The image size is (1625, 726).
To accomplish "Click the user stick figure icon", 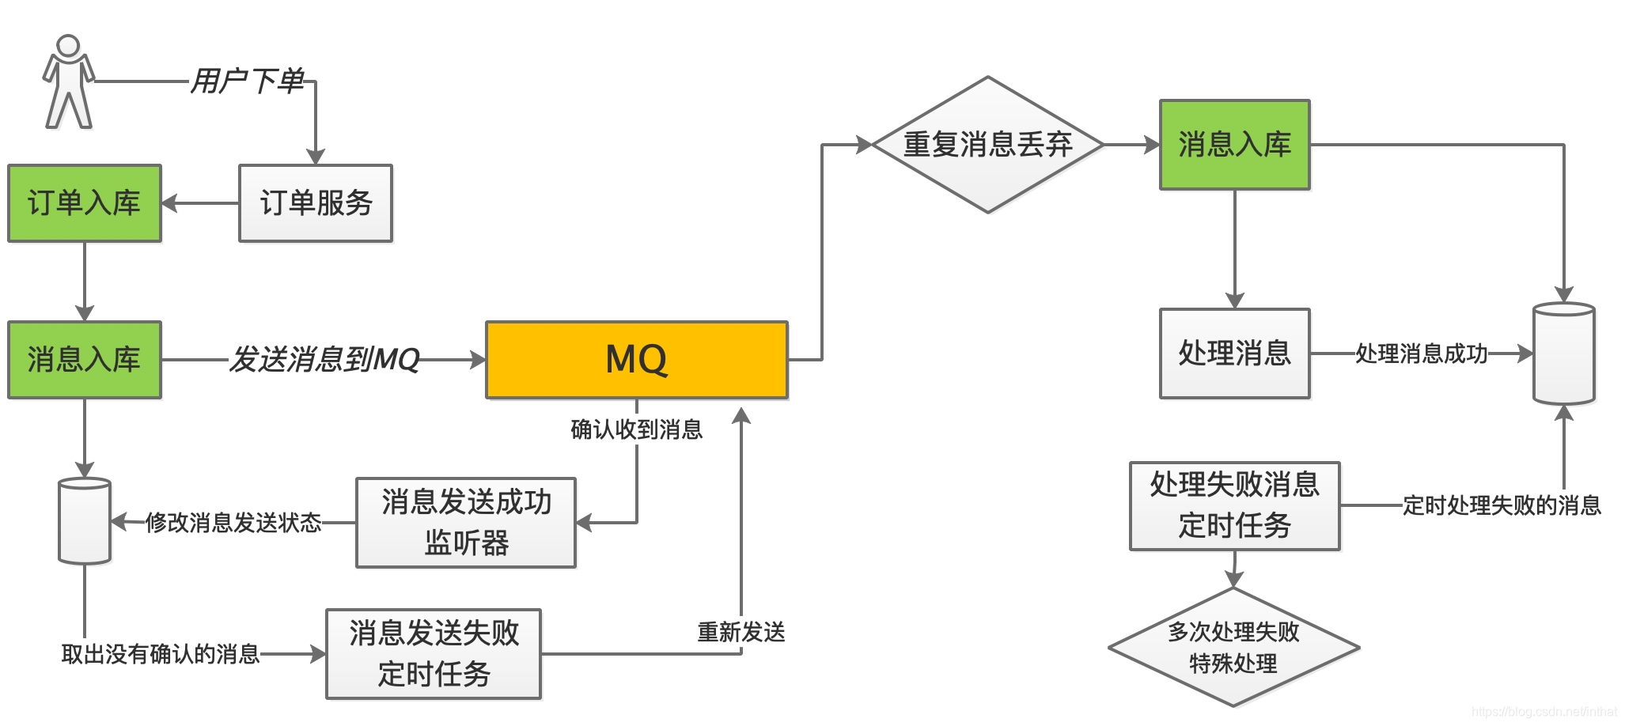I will (68, 81).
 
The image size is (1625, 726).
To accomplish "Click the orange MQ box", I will (636, 360).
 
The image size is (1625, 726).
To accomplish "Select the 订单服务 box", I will (316, 203).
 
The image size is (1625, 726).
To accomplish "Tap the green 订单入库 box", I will (85, 203).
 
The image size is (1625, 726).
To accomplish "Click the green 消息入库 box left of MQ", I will (85, 360).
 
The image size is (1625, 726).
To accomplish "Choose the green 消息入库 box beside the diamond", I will (1234, 145).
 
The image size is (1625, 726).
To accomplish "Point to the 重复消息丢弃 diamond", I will (987, 145).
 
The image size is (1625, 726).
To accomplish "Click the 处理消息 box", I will (1234, 353).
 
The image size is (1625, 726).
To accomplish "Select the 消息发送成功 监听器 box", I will (466, 522).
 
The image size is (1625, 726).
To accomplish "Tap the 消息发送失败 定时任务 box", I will (434, 653).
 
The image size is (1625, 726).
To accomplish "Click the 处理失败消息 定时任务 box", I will (1234, 505).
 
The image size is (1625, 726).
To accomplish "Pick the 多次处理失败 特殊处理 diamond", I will (1233, 647).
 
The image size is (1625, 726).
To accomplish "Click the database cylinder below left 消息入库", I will (85, 520).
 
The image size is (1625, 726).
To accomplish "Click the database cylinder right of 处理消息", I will (1563, 354).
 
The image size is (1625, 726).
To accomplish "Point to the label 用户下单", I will (248, 81).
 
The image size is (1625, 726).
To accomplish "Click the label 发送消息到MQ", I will (324, 360).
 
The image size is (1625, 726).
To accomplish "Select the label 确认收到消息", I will (636, 429).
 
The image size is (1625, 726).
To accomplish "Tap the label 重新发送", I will (741, 632).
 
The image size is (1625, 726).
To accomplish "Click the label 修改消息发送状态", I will (233, 522).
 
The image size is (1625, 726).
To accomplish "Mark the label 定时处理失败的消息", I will (1501, 505).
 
